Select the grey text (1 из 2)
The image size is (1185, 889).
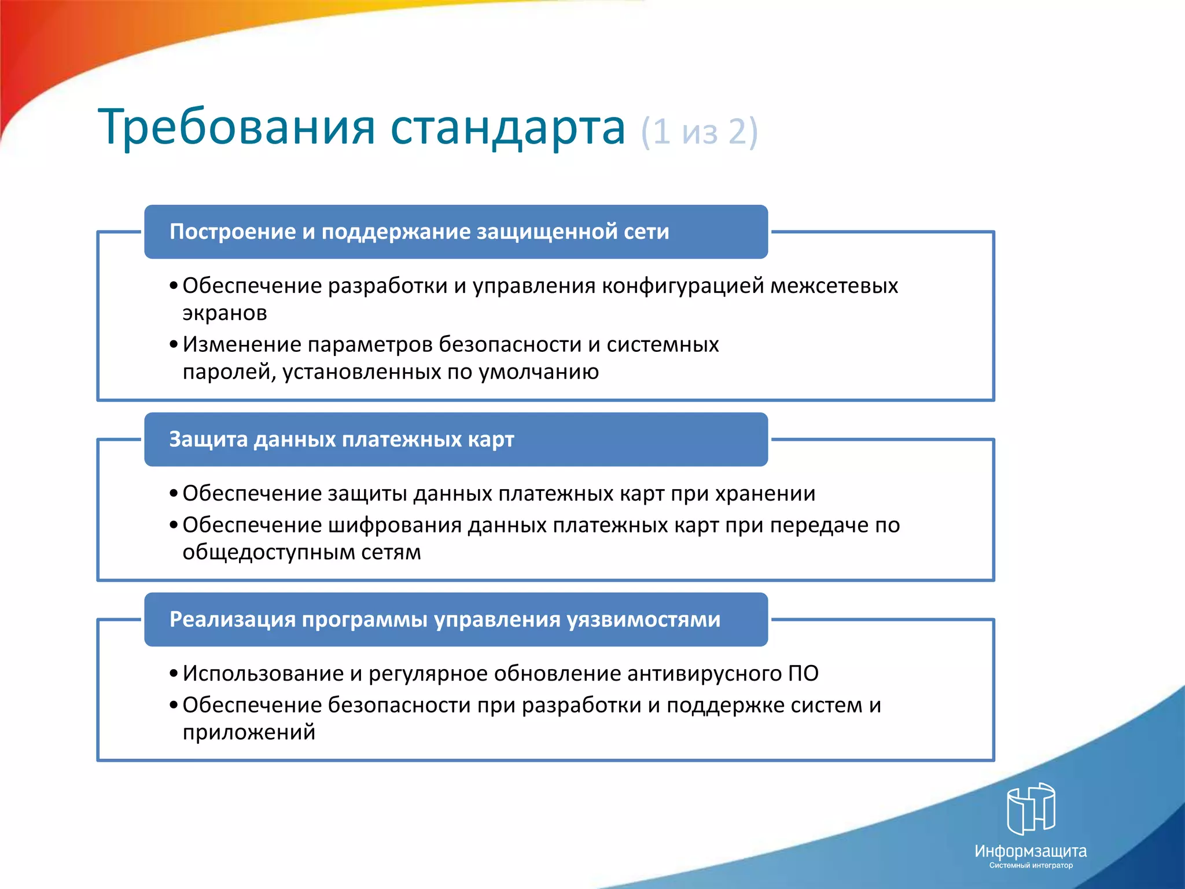[699, 132]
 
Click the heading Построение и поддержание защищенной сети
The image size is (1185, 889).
[419, 232]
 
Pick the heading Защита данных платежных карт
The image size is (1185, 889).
[341, 439]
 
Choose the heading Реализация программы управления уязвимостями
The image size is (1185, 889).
[444, 619]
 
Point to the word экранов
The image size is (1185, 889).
[225, 313]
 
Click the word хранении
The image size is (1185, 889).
[765, 494]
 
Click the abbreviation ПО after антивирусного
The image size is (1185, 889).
[803, 674]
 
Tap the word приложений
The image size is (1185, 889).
[249, 733]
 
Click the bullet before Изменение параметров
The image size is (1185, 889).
[174, 345]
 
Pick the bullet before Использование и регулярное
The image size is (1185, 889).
[174, 674]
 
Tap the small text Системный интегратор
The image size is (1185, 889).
[1031, 866]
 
